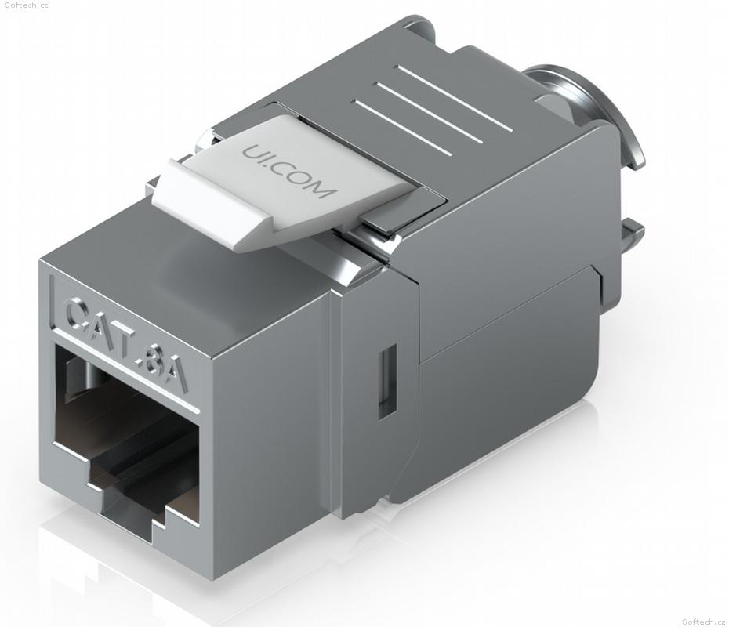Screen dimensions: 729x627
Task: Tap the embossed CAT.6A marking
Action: (126, 342)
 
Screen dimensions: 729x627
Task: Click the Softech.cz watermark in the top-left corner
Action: (24, 5)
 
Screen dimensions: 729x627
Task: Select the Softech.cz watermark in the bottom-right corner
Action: (704, 622)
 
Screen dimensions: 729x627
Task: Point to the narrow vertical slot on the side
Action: (386, 381)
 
